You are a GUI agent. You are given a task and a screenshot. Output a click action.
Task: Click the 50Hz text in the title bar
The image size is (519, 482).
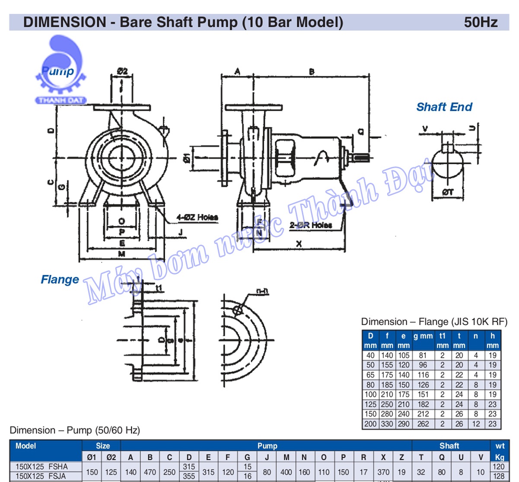click(481, 22)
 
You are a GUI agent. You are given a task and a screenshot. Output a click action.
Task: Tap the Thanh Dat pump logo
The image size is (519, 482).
click(61, 71)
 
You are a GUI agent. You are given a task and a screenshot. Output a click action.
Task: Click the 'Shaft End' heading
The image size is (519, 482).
click(444, 107)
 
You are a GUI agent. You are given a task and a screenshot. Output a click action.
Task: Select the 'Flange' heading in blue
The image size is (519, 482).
click(60, 280)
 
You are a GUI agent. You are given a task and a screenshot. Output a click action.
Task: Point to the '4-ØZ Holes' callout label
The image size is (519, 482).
click(197, 217)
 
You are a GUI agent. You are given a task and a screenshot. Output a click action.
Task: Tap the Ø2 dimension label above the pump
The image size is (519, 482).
click(122, 71)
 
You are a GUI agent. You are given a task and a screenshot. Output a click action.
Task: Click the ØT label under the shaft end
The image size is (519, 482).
click(448, 192)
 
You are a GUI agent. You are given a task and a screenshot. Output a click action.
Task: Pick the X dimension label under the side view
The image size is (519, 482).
click(299, 244)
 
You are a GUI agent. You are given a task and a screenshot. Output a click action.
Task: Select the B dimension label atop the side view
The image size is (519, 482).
click(312, 72)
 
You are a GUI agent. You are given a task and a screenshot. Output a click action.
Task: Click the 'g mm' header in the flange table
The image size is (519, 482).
click(423, 336)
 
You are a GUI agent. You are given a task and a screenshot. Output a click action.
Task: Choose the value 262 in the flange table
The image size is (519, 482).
click(423, 424)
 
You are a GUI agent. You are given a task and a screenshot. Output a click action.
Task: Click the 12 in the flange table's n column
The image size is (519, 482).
click(476, 424)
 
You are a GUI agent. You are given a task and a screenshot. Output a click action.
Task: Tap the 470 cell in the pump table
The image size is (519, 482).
click(150, 472)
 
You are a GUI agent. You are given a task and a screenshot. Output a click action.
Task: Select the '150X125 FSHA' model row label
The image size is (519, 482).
click(41, 467)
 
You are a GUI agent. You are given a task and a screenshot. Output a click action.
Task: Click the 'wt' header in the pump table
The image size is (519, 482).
click(500, 446)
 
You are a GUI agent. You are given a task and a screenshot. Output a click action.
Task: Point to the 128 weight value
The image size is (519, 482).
click(499, 476)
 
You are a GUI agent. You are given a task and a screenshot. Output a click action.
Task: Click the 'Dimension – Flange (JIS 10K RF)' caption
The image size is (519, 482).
click(434, 322)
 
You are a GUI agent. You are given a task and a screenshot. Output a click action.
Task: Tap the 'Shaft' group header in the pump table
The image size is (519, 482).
click(449, 446)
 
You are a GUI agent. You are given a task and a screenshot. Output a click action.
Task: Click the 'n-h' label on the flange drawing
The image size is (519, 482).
click(262, 292)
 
